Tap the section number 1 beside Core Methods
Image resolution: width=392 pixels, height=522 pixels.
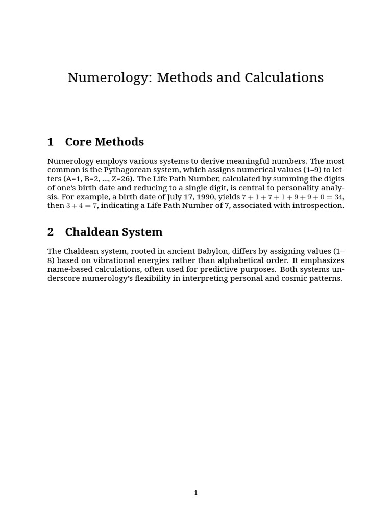(x=51, y=142)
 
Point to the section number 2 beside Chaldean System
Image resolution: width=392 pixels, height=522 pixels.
(x=51, y=232)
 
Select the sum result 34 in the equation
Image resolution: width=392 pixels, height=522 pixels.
(x=338, y=197)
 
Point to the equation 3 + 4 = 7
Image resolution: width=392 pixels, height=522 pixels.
(x=81, y=206)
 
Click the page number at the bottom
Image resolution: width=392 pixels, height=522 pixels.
(x=195, y=493)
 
